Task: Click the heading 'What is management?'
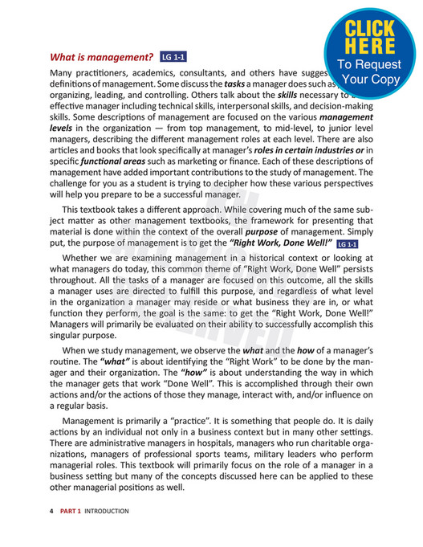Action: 101,58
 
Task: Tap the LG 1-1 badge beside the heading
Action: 173,58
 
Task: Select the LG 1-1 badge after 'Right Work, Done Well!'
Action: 348,244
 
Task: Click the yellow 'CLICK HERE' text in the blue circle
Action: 370,36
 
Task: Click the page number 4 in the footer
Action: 51,511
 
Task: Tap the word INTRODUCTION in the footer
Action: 107,511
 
